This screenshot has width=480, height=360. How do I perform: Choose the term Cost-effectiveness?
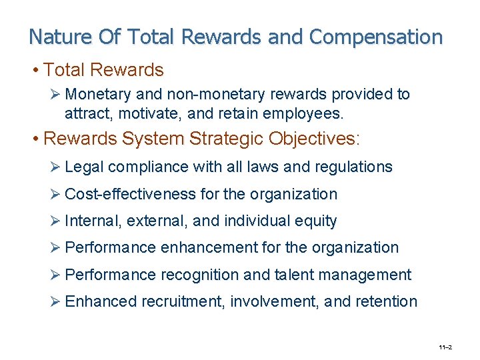coord(131,194)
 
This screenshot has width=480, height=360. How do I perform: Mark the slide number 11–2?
coord(445,347)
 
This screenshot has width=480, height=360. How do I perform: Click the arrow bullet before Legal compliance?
coord(56,167)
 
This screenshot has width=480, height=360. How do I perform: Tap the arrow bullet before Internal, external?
coord(56,221)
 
